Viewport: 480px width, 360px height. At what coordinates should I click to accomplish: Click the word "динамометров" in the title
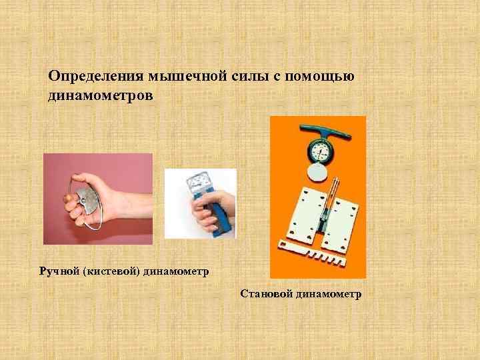(x=101, y=96)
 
